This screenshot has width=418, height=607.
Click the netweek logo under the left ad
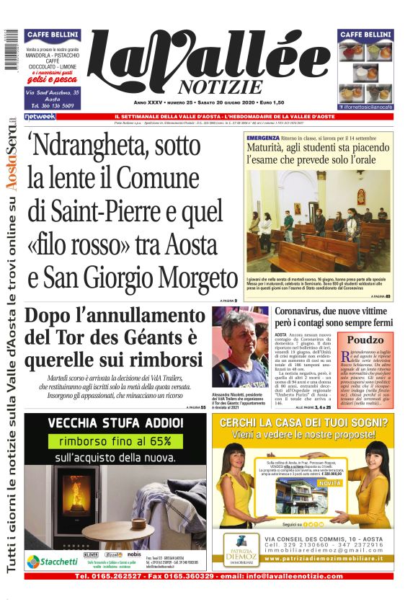tap(40, 116)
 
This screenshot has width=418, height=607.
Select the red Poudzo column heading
tap(367, 339)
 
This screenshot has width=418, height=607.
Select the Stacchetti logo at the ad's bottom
tap(53, 560)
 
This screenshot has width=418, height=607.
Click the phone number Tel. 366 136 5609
tap(52, 105)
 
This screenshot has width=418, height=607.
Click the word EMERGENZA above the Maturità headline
tap(262, 136)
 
